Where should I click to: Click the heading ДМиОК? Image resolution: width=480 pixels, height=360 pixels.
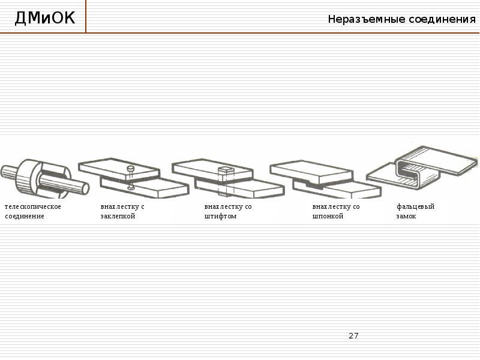(x=45, y=19)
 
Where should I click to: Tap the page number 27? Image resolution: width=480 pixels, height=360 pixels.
(x=353, y=335)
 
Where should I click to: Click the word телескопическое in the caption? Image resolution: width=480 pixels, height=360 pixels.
(x=32, y=206)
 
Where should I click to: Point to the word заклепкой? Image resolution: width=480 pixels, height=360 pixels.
(x=118, y=216)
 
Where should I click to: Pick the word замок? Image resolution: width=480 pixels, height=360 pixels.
(x=406, y=216)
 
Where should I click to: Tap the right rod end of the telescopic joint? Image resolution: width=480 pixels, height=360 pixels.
(x=85, y=188)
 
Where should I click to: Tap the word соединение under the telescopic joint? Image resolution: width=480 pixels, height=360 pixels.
(x=25, y=216)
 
